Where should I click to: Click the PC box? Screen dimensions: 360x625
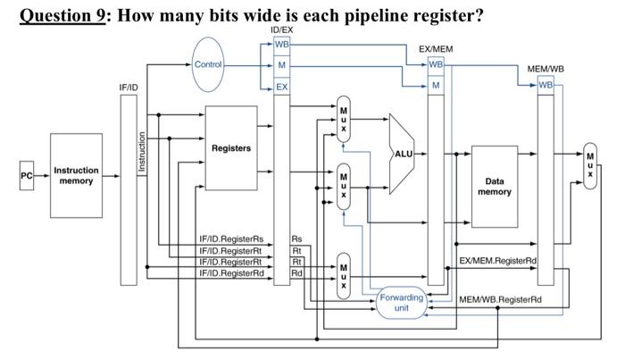26,176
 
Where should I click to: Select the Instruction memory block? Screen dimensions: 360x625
76,176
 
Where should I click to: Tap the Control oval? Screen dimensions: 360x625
207,64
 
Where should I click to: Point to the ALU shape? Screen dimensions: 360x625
403,155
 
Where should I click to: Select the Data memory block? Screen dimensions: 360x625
494,186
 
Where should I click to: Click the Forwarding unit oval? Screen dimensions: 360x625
401,302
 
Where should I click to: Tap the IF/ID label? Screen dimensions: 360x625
129,88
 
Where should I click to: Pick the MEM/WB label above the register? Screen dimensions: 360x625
546,69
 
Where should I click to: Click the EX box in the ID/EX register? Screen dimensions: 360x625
281,87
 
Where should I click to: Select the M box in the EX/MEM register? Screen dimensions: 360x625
436,86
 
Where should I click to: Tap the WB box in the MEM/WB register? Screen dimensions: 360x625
546,85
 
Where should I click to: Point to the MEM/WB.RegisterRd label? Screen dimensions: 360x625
500,299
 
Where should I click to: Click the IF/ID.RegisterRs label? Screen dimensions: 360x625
231,239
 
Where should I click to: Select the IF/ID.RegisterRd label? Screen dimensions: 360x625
231,273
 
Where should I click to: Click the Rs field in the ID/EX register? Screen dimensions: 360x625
296,239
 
